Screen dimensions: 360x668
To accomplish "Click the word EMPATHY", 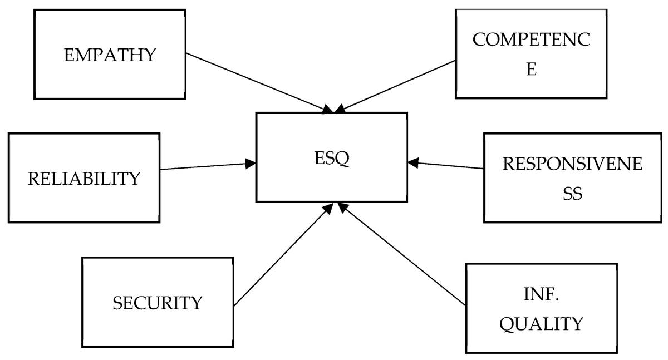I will (110, 56).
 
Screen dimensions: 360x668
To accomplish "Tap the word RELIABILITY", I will (84, 179).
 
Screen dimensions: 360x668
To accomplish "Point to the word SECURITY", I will (158, 303).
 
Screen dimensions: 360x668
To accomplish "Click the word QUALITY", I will (542, 323).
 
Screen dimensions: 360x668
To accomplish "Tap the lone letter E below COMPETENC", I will (532, 71).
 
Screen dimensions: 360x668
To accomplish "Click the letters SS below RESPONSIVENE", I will (573, 195).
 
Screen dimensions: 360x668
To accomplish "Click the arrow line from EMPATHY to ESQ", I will (256, 82).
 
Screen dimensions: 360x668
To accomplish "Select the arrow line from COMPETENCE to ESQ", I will (398, 85).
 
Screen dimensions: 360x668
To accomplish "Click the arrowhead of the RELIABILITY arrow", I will (251, 163).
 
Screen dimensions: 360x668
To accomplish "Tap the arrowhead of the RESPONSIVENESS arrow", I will (412, 162).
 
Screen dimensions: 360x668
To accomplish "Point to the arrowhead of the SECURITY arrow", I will (329, 208).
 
